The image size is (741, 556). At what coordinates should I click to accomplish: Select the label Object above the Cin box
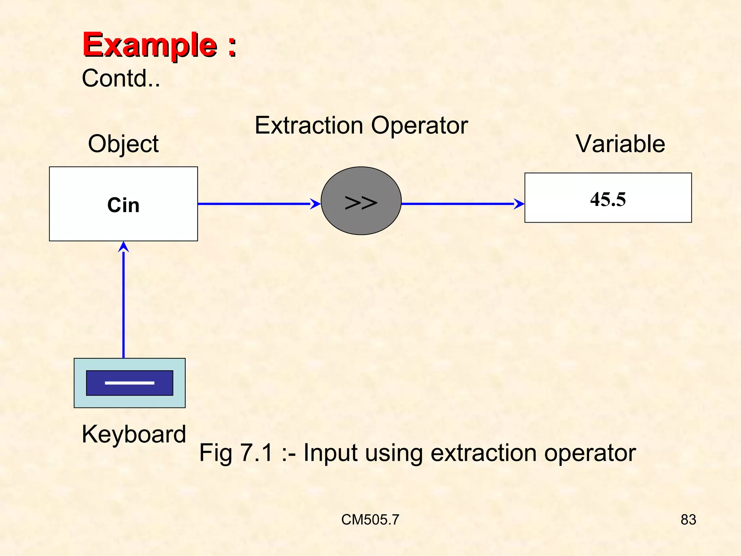pyautogui.click(x=123, y=144)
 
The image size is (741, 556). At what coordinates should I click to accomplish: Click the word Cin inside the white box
pyautogui.click(x=123, y=205)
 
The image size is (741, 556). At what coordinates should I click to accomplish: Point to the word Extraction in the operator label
pyautogui.click(x=309, y=126)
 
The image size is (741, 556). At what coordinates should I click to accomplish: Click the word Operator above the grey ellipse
pyautogui.click(x=419, y=126)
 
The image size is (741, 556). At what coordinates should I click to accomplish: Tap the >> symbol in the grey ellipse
pyautogui.click(x=361, y=203)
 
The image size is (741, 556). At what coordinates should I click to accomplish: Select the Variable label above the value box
pyautogui.click(x=620, y=144)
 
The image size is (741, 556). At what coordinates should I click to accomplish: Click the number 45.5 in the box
pyautogui.click(x=608, y=199)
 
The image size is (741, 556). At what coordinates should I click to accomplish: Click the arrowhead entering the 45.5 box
pyautogui.click(x=520, y=204)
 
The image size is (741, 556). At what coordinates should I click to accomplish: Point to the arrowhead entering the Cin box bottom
pyautogui.click(x=124, y=247)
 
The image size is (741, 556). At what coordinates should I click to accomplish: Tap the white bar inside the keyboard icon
pyautogui.click(x=130, y=383)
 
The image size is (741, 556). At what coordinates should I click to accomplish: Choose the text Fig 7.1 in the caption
pyautogui.click(x=236, y=452)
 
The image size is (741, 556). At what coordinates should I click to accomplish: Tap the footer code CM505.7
pyautogui.click(x=370, y=519)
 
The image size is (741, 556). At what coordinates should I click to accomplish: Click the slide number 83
pyautogui.click(x=688, y=519)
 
